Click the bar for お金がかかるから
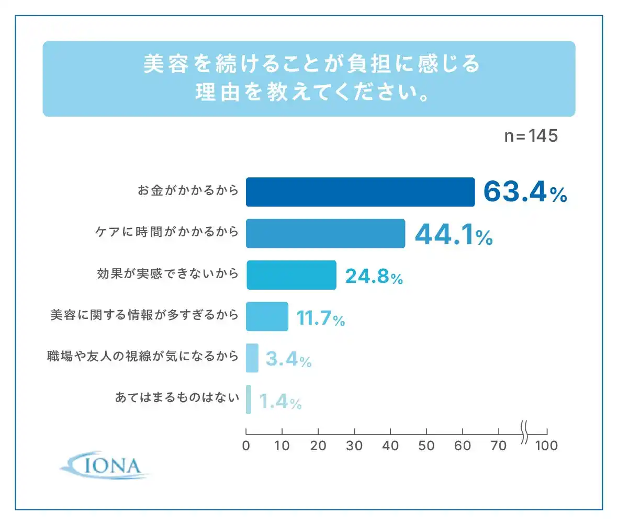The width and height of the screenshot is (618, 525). (x=360, y=192)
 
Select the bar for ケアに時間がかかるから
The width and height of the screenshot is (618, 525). (x=325, y=233)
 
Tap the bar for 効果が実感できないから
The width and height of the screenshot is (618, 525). (x=291, y=275)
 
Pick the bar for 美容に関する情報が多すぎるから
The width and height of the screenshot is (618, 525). (x=267, y=316)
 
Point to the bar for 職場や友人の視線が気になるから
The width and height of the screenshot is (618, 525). (x=252, y=358)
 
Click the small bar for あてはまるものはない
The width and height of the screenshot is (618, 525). (x=249, y=400)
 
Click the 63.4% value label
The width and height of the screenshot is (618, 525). (x=525, y=192)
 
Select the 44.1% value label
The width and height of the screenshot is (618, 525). (x=454, y=234)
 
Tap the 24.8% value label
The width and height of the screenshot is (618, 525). (x=374, y=276)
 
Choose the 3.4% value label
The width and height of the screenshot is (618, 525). (x=288, y=359)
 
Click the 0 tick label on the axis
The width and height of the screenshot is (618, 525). (x=246, y=446)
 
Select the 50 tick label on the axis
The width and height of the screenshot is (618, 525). (x=426, y=446)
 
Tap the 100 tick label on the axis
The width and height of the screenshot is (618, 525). (x=546, y=446)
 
